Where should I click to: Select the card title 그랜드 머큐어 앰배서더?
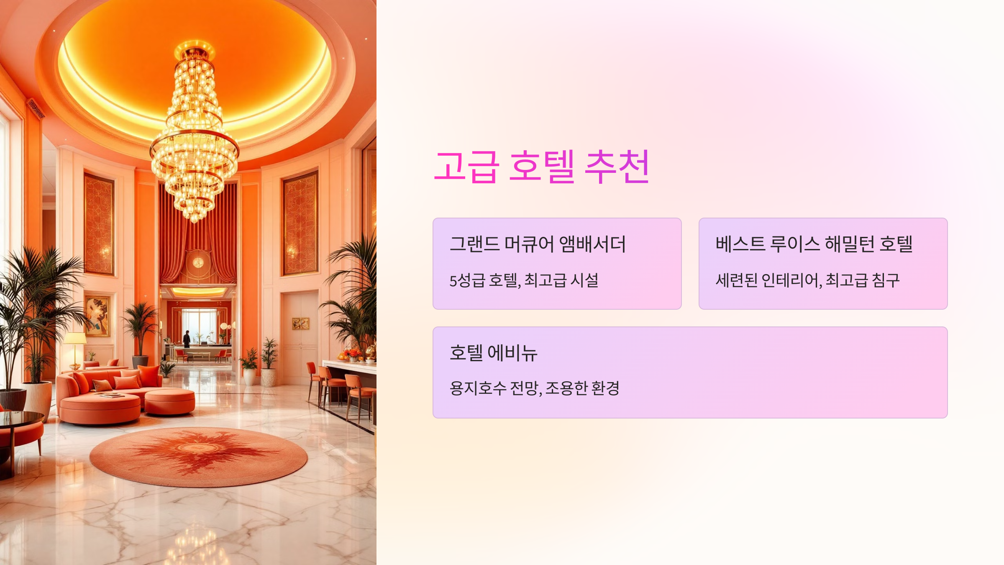point(538,244)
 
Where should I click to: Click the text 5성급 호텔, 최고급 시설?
point(524,280)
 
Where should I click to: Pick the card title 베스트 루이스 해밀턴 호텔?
point(814,244)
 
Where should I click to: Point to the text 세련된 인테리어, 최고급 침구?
point(807,280)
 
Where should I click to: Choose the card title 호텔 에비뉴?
point(493,353)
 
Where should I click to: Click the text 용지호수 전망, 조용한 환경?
point(534,388)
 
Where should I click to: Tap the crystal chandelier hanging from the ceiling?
point(195,138)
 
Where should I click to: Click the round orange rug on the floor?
point(199,456)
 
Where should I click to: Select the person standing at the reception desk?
point(187,339)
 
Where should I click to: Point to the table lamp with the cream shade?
point(75,339)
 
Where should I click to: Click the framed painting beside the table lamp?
point(97,316)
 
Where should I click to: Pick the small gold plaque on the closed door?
point(300,323)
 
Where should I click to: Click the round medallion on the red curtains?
point(198,262)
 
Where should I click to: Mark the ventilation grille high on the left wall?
point(36,109)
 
